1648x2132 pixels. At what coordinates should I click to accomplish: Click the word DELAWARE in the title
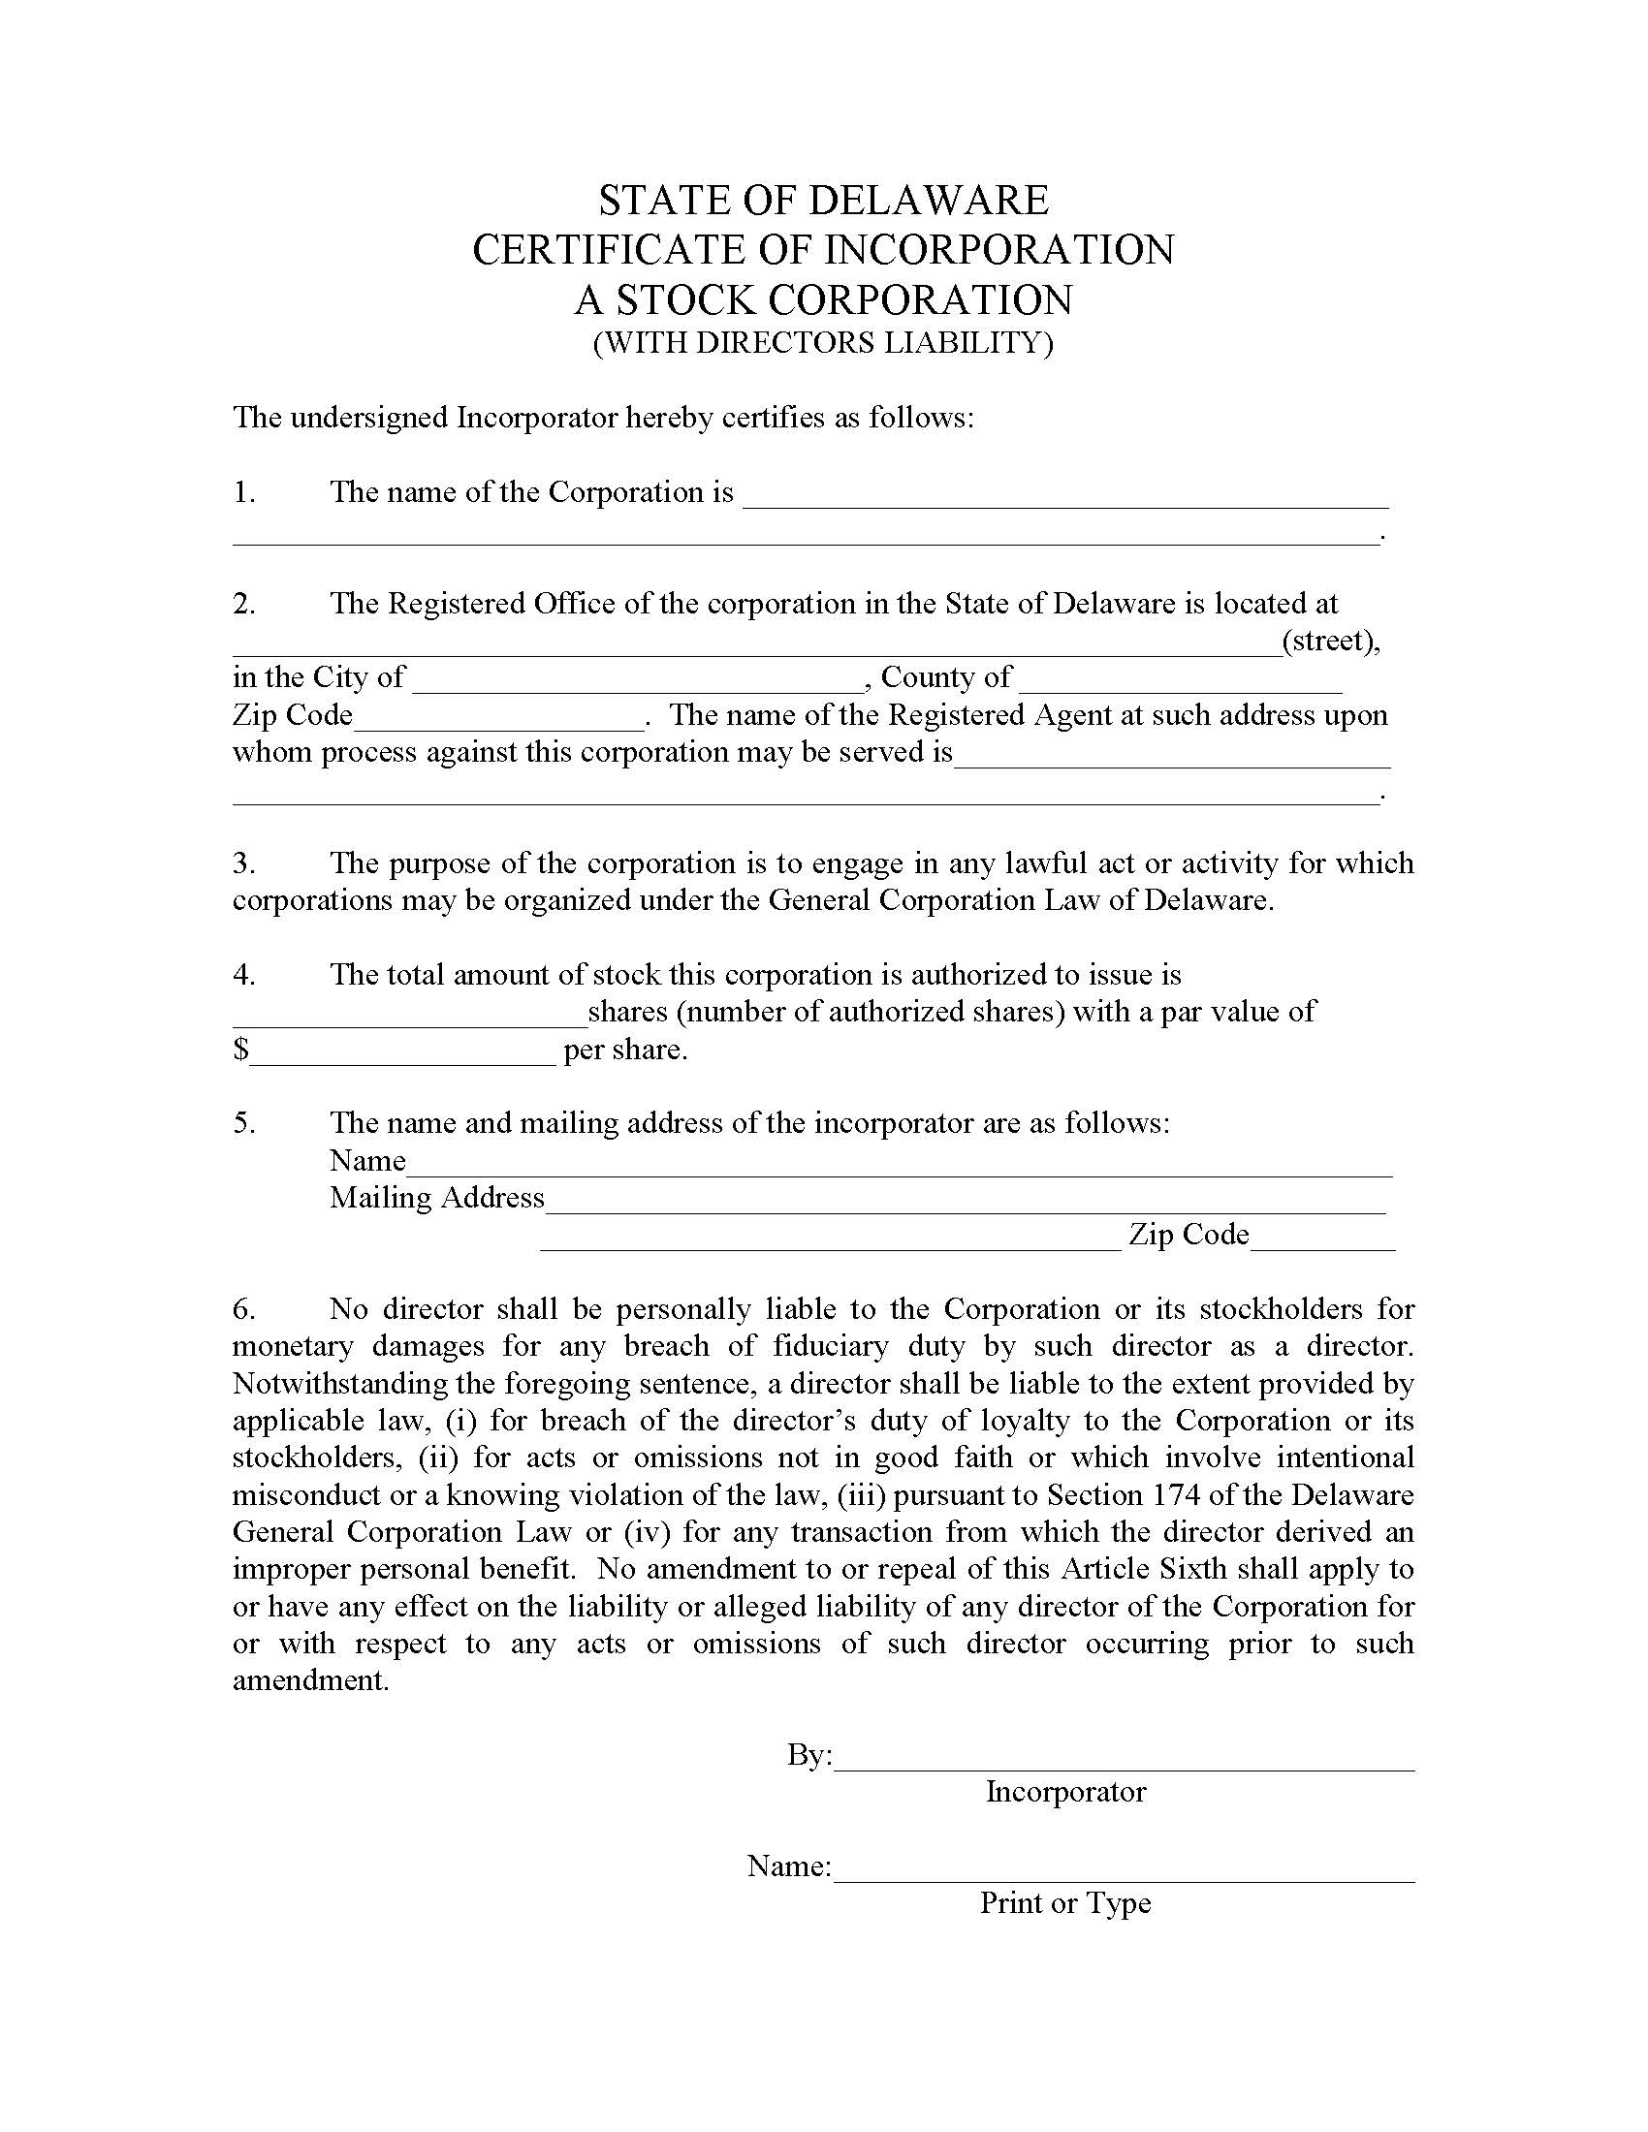pyautogui.click(x=929, y=202)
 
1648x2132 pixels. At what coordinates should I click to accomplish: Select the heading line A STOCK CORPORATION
pyautogui.click(x=823, y=299)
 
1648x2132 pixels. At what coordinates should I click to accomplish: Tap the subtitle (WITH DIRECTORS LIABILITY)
pyautogui.click(x=823, y=344)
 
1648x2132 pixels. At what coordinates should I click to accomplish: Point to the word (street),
pyautogui.click(x=1330, y=642)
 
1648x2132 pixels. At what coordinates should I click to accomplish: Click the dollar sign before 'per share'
pyautogui.click(x=240, y=1050)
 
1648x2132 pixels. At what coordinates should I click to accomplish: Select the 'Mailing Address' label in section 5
pyautogui.click(x=436, y=1198)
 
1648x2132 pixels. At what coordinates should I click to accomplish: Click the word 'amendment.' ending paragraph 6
pyautogui.click(x=310, y=1681)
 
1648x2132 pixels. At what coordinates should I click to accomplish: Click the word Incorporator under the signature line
pyautogui.click(x=1065, y=1792)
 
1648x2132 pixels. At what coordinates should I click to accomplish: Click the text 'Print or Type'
pyautogui.click(x=1065, y=1903)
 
